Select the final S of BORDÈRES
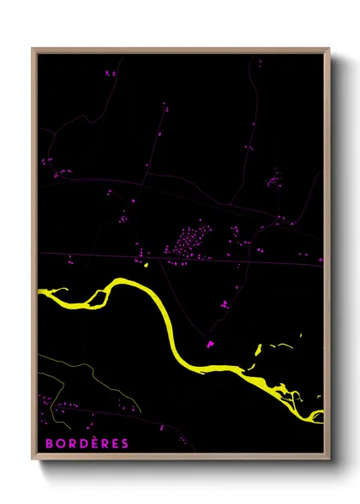(x=125, y=443)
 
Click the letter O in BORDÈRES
(x=54, y=443)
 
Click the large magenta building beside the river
(x=209, y=345)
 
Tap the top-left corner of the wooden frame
(x=33, y=49)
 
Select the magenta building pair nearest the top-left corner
(x=110, y=74)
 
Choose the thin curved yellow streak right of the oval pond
(x=283, y=345)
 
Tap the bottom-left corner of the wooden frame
(x=33, y=460)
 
